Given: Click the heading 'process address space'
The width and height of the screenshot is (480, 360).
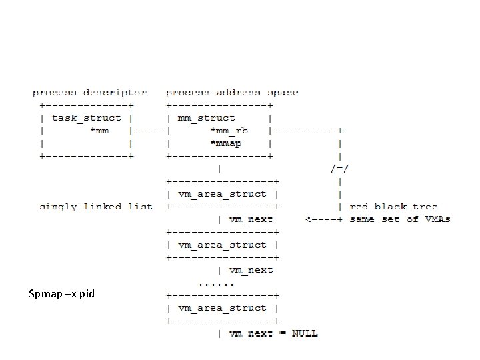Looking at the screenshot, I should [x=232, y=93].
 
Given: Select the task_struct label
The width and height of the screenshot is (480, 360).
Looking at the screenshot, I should [x=87, y=118].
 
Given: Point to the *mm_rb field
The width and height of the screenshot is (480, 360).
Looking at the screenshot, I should [x=229, y=130].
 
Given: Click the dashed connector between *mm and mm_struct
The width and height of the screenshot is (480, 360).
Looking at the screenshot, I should [x=151, y=131].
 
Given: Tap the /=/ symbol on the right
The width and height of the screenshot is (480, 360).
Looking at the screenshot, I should [x=340, y=168].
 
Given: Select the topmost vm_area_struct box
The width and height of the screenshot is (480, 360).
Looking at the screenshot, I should [x=221, y=194].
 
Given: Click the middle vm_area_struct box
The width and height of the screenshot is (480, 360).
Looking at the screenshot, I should [x=221, y=245].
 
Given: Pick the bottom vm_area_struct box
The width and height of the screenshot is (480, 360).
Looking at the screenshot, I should [x=221, y=308].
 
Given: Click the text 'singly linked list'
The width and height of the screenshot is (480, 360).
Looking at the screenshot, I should [x=96, y=207].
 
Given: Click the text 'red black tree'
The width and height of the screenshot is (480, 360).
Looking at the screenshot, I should [x=393, y=207].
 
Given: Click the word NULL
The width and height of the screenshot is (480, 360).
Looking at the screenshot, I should [x=305, y=333].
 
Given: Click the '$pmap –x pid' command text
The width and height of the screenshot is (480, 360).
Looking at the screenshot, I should [x=61, y=293].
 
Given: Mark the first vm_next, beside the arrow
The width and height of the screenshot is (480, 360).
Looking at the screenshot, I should [x=251, y=219].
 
